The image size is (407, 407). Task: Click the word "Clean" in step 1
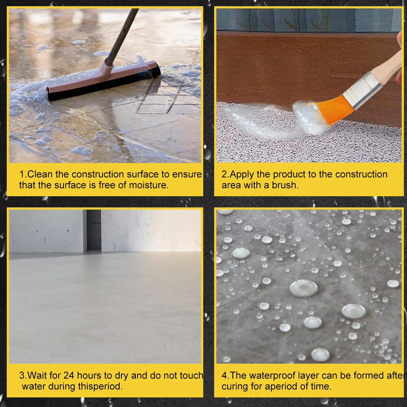point(40,174)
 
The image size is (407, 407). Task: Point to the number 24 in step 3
point(69,375)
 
